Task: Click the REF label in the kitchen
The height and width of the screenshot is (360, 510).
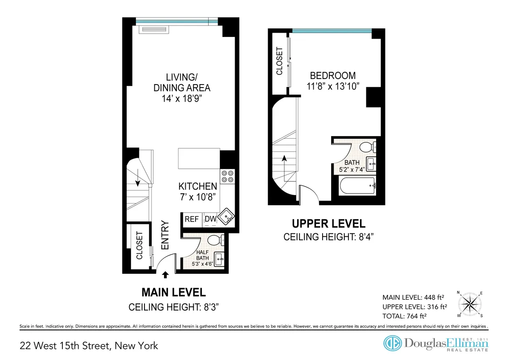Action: coord(192,219)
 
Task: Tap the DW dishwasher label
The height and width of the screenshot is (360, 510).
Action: coord(210,219)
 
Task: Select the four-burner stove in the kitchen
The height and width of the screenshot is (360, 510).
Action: coord(228,176)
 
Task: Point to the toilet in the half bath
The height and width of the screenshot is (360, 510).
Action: coord(214,240)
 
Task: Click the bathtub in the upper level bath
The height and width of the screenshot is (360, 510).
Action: coord(357,186)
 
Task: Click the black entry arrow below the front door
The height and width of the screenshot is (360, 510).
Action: coord(166,275)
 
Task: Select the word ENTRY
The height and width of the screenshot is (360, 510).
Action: coord(165,235)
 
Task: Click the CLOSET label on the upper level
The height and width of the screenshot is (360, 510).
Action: coord(279,61)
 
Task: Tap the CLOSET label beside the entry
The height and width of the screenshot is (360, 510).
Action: coord(139,245)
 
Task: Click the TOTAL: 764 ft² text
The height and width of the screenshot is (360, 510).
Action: coord(405,316)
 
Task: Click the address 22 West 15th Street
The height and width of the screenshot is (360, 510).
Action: coord(89,346)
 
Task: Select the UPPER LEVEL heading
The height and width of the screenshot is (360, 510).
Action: coord(328,224)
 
